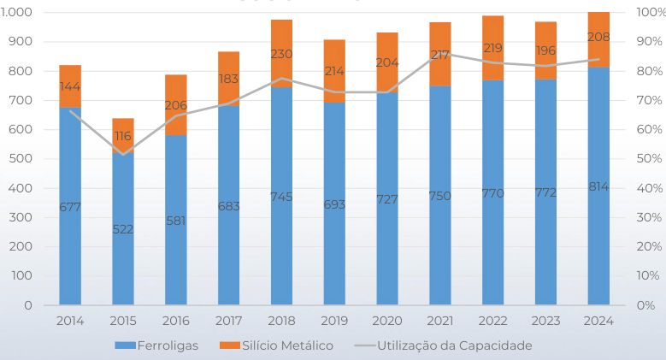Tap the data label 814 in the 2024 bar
point(598,186)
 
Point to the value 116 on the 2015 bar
point(123,136)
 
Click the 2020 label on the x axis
point(387,320)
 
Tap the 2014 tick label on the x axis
point(70,320)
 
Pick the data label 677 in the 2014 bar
point(70,207)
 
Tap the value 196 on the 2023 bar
point(545,50)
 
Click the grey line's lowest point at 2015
point(123,154)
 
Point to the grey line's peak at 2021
point(439,54)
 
